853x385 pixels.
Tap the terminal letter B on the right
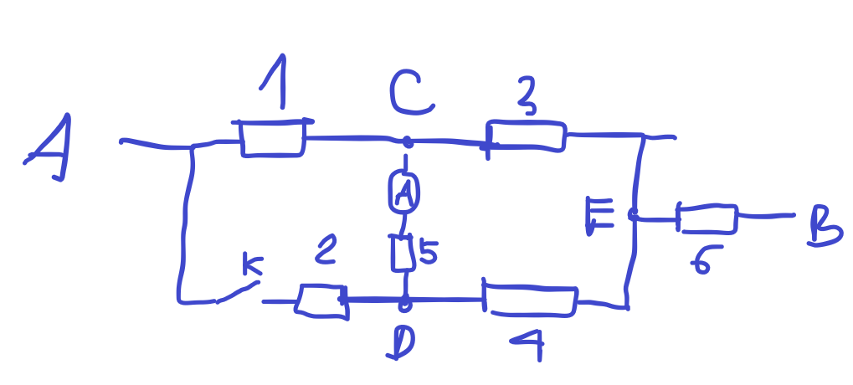825,228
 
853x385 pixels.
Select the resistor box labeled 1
273,138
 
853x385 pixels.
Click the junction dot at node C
408,143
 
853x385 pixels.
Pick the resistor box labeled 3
526,136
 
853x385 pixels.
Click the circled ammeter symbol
404,192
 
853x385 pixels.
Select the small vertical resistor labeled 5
403,253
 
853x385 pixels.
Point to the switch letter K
253,266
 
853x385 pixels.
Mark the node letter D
402,342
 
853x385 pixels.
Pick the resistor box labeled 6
707,219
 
